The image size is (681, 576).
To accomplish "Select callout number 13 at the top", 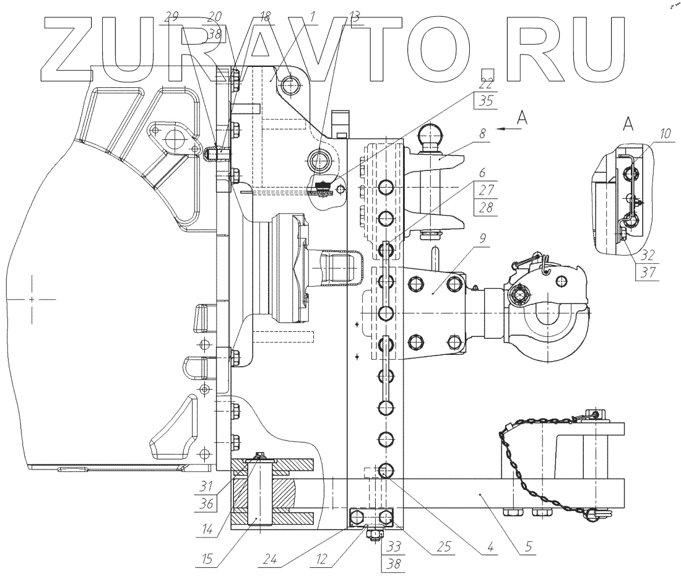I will pyautogui.click(x=354, y=17).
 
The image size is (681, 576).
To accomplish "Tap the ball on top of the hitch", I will pyautogui.click(x=430, y=134).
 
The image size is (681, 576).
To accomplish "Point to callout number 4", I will pyautogui.click(x=490, y=547).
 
